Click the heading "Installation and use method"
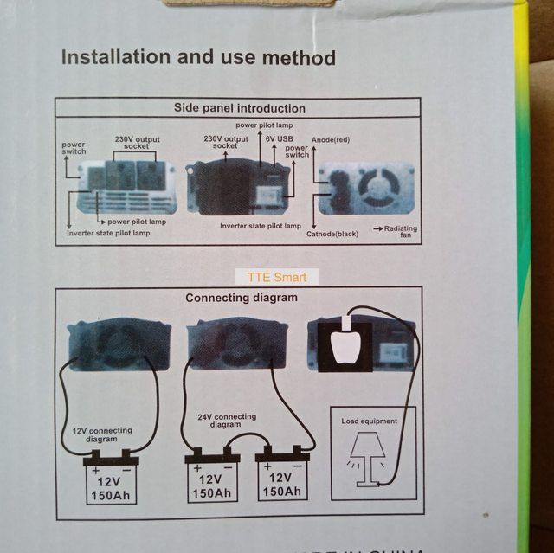197,59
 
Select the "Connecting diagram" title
241,298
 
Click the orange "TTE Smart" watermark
276,278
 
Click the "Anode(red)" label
330,139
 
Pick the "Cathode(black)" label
333,234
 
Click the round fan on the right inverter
379,187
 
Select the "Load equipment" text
370,421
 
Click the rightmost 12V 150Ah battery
281,479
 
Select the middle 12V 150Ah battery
212,479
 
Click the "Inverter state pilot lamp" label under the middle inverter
260,226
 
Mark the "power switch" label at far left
74,147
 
